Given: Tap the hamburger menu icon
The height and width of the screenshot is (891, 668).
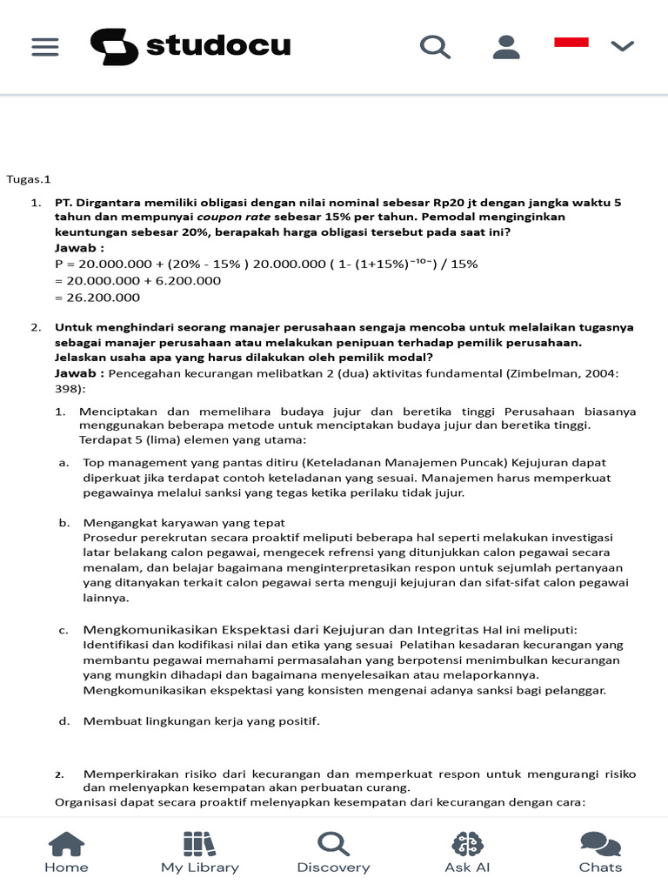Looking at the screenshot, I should (45, 46).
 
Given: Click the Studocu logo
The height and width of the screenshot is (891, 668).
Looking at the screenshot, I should (190, 46).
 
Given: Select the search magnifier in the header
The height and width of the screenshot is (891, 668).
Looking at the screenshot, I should (435, 46).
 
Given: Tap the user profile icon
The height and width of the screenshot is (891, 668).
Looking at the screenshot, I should (505, 46).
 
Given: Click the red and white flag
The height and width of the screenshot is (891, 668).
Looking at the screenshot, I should (571, 42).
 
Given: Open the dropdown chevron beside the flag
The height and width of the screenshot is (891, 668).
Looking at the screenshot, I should (623, 46).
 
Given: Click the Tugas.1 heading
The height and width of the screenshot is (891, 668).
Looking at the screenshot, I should (29, 179).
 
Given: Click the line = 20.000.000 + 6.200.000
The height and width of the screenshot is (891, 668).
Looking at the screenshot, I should (137, 280).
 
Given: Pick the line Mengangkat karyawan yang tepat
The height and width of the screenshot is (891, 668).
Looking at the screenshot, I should (184, 522).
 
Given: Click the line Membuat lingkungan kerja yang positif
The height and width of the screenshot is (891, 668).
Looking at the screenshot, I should (201, 720).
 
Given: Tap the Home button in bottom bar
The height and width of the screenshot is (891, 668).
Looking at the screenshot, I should (66, 852).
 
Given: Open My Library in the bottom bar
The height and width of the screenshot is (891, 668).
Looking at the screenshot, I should (199, 852).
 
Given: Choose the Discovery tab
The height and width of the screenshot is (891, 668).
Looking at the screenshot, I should (333, 852).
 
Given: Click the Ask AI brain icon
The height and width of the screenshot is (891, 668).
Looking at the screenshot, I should (467, 844).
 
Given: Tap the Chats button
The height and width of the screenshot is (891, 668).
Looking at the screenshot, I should (600, 852).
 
